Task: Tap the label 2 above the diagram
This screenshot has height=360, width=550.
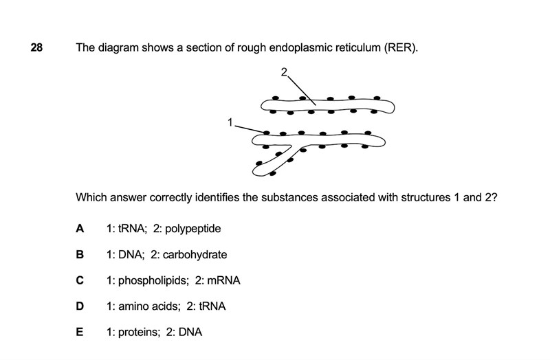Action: (283, 71)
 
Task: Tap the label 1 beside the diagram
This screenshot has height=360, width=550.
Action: (231, 122)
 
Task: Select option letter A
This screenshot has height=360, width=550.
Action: (80, 228)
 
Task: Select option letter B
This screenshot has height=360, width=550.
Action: (80, 254)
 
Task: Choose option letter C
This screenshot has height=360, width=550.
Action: (80, 280)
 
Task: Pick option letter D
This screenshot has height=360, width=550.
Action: (80, 306)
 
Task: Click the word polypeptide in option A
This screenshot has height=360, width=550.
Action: (190, 228)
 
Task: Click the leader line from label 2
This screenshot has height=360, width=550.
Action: (301, 89)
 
